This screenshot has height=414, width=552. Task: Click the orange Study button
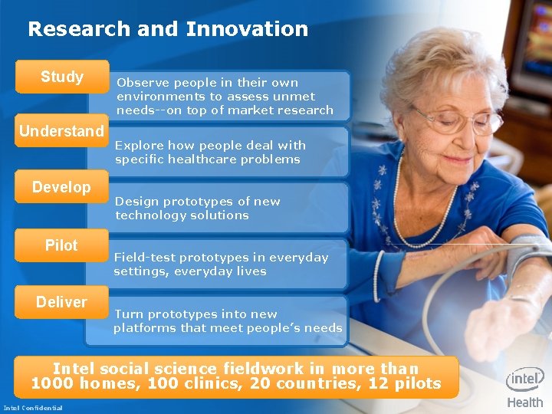coord(62,77)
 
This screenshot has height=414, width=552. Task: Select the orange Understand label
coord(61,131)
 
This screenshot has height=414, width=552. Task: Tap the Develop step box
coord(61,187)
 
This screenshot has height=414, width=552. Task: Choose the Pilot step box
coord(61,245)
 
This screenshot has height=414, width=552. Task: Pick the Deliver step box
coord(61,302)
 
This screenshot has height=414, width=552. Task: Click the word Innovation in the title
coord(247,29)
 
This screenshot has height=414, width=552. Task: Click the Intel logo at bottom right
coord(525,379)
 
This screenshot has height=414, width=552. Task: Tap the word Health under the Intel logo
coord(525,402)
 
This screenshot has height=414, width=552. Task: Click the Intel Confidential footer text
coord(33,407)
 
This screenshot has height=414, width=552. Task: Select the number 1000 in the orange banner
coord(51,383)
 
